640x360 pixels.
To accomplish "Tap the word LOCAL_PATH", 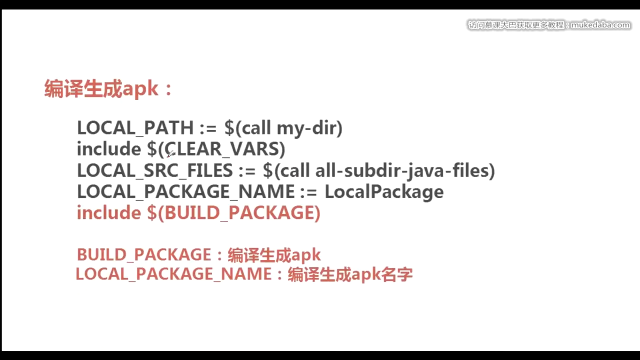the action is [135, 128].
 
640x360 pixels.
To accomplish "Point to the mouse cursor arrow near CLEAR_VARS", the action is [169, 153].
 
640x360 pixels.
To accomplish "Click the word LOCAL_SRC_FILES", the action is [154, 171].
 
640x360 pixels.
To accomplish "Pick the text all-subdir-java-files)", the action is [405, 171].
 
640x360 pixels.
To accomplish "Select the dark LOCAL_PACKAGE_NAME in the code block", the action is [185, 192].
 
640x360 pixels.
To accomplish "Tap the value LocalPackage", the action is [384, 192].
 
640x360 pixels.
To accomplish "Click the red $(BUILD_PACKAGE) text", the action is [233, 213].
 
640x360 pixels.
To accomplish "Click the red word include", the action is [108, 213].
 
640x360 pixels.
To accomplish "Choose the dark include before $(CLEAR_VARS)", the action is [108, 149].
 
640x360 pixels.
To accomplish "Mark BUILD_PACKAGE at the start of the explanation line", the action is [143, 255].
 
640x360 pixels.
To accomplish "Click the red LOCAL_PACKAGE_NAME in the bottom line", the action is [173, 274].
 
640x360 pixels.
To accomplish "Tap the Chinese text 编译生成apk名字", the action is [350, 274].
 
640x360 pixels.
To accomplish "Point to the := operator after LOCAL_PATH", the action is [208, 128].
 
